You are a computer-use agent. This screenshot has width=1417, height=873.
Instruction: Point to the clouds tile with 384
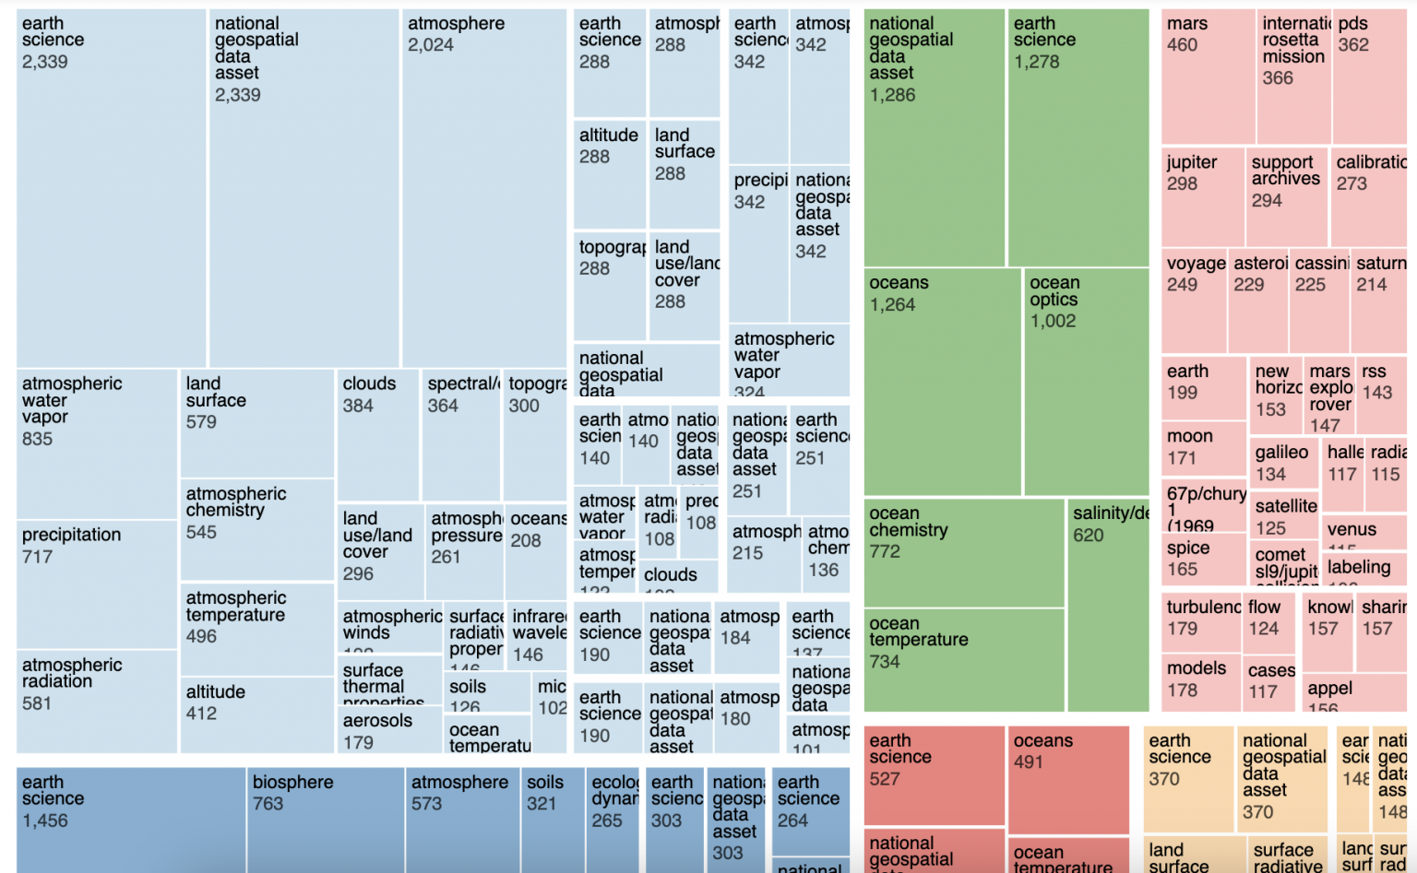(x=377, y=434)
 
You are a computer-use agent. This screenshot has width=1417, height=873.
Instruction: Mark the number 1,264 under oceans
(x=892, y=305)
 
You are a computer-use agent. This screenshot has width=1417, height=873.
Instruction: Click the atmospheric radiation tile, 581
(x=97, y=701)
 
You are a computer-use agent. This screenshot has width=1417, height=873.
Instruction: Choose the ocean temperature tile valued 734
(x=964, y=659)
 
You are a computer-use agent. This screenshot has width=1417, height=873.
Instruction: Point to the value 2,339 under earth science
(x=45, y=62)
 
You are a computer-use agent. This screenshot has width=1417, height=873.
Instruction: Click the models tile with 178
(x=1202, y=680)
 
